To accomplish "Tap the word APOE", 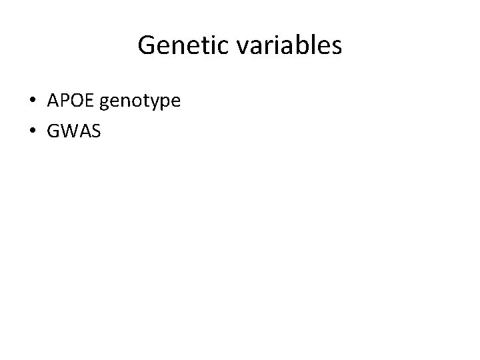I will click(72, 101).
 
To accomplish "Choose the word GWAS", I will click(74, 132).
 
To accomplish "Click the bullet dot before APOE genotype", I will click(33, 102).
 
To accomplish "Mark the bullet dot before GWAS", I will click(33, 133).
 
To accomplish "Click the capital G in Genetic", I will click(146, 46).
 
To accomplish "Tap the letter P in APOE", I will click(64, 101).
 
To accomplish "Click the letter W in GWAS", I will click(68, 132).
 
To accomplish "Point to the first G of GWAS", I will click(53, 132).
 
